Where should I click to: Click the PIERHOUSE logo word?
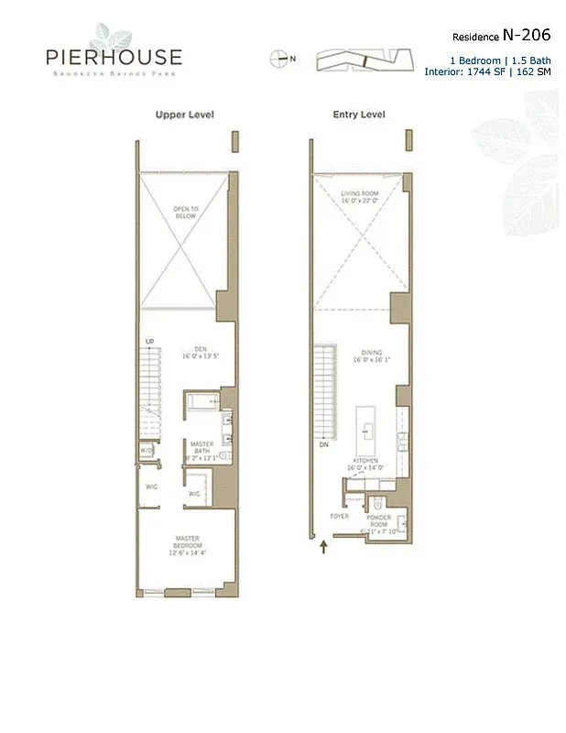[114, 57]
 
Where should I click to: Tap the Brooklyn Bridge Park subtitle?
[114, 74]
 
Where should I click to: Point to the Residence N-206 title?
[502, 36]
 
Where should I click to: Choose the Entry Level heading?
[358, 115]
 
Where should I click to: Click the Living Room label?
[360, 198]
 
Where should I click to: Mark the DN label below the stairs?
[323, 445]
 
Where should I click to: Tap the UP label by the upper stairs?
[148, 342]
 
